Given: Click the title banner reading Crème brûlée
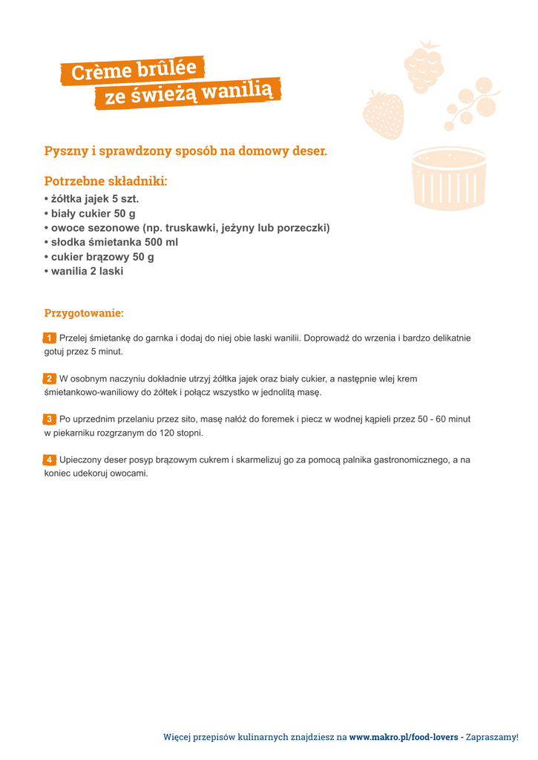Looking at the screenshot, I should coord(134,70).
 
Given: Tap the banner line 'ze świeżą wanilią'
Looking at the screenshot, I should coord(188,93).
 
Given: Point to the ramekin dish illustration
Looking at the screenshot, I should coord(448,178).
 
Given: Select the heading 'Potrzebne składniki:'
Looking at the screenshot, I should coord(105,181).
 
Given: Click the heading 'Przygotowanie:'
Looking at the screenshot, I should coord(84,313).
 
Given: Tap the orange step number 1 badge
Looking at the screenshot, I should coord(50,338).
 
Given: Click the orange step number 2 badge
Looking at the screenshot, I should coord(50,379).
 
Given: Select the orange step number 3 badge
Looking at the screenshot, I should coord(50,419).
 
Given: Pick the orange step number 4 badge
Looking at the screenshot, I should coord(50,460).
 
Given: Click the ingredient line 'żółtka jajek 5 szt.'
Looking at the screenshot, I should coord(94,199).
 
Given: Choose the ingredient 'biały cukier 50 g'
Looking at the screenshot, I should coord(93,214).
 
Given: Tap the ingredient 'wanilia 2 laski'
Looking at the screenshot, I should coord(87,271).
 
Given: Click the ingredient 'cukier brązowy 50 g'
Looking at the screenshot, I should coord(102,257).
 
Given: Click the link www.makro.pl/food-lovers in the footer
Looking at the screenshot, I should coord(404,737).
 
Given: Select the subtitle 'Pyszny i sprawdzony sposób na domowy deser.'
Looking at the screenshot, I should coord(186,151).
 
